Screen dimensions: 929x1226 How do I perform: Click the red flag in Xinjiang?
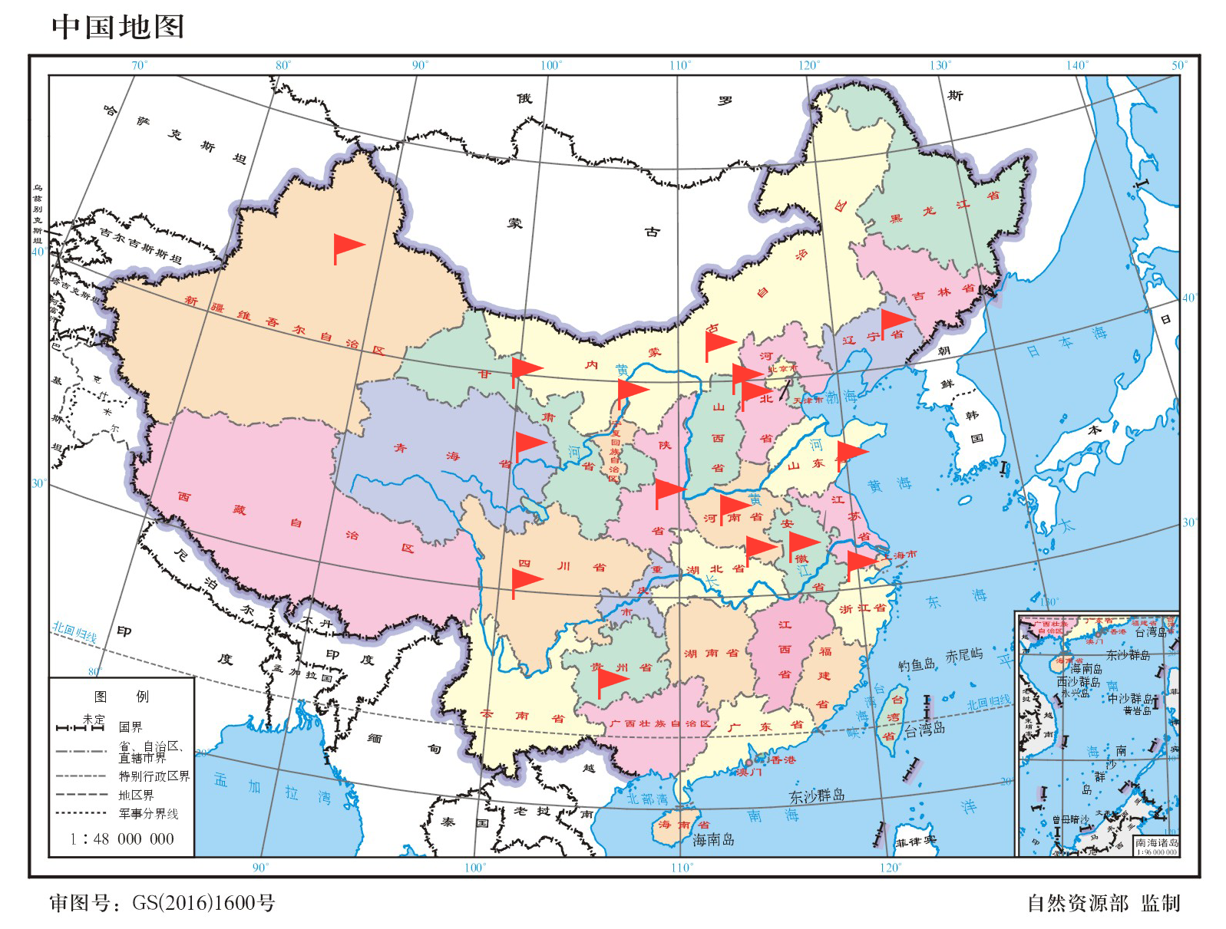click(347, 247)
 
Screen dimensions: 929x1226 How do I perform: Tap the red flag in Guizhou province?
click(611, 680)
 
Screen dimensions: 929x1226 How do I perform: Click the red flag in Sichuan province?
click(526, 581)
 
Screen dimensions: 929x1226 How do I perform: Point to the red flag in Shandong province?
click(851, 453)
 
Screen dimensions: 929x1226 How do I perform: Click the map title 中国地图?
click(117, 27)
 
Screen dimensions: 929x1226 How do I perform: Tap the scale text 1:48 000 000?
click(122, 838)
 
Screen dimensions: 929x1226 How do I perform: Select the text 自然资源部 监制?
click(1102, 903)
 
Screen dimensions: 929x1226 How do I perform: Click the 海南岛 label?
click(713, 839)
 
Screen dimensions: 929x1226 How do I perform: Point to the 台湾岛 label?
click(924, 730)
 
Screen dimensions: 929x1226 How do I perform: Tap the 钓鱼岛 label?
click(917, 664)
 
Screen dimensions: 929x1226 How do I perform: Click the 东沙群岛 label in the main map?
click(817, 796)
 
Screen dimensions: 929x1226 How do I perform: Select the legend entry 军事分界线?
click(148, 814)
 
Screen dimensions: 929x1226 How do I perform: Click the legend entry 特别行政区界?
click(154, 776)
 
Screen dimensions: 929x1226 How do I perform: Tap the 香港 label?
click(782, 759)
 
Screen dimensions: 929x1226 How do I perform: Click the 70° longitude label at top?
click(139, 65)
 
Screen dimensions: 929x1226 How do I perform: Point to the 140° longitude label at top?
click(1077, 65)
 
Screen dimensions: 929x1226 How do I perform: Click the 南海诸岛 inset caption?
click(1156, 842)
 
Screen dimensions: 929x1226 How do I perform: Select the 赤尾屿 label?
click(963, 655)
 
